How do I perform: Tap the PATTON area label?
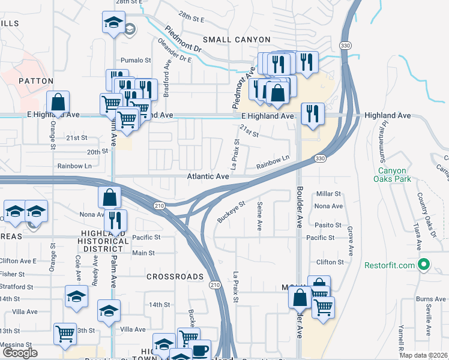coord(36,80)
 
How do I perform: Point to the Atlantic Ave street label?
coord(208,177)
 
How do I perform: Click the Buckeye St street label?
coord(232,212)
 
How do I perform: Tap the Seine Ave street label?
coord(260,217)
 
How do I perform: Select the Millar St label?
coord(328,194)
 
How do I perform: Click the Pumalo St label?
coord(136,60)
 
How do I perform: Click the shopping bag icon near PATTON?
coord(58,102)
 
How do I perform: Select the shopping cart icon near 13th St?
coord(65,334)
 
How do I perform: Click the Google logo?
coord(20,353)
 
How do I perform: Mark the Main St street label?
coord(143,253)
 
